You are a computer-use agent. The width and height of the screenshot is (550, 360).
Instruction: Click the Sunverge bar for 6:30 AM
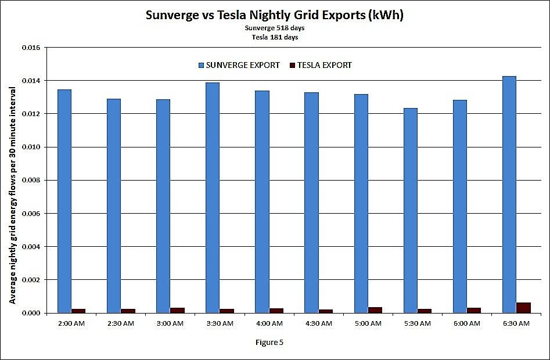click(509, 195)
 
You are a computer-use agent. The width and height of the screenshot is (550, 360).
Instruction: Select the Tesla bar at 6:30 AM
click(523, 308)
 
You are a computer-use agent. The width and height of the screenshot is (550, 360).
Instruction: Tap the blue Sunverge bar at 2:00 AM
click(64, 201)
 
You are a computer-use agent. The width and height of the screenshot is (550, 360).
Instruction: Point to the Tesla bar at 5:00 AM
click(375, 310)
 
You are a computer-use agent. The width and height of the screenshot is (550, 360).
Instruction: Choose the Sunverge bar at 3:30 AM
click(213, 197)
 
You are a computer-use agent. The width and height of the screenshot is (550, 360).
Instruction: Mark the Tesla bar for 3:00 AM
click(177, 311)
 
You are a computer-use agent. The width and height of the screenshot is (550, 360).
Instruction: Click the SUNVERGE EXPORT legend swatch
click(201, 66)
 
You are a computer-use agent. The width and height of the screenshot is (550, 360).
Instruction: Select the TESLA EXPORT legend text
click(324, 66)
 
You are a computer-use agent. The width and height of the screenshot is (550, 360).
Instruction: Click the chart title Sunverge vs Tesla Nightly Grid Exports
click(275, 16)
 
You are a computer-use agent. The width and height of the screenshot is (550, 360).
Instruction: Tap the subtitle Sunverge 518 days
click(275, 28)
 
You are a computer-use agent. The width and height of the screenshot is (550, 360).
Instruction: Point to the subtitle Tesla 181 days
click(275, 37)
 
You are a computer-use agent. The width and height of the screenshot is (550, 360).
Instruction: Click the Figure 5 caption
click(269, 342)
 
